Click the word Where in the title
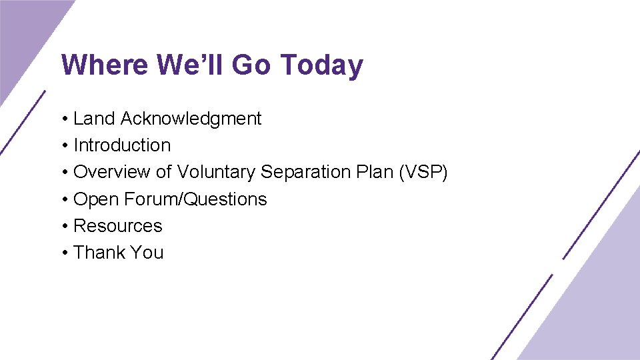pos(105,65)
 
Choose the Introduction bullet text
pos(122,145)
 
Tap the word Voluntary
pos(216,172)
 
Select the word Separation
pos(304,172)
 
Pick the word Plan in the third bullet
pos(373,172)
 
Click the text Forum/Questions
pos(195,199)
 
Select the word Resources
pos(118,226)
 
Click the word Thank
pos(99,253)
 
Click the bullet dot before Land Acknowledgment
pos(64,119)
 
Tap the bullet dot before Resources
pos(64,227)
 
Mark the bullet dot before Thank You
pos(64,253)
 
